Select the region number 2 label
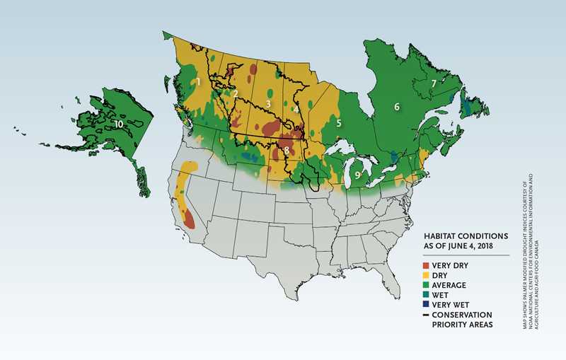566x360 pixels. [x=236, y=93]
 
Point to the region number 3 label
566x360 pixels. [x=268, y=104]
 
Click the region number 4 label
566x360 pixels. [x=295, y=110]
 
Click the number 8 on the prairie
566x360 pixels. [x=286, y=151]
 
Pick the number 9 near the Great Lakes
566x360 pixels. [x=359, y=174]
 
